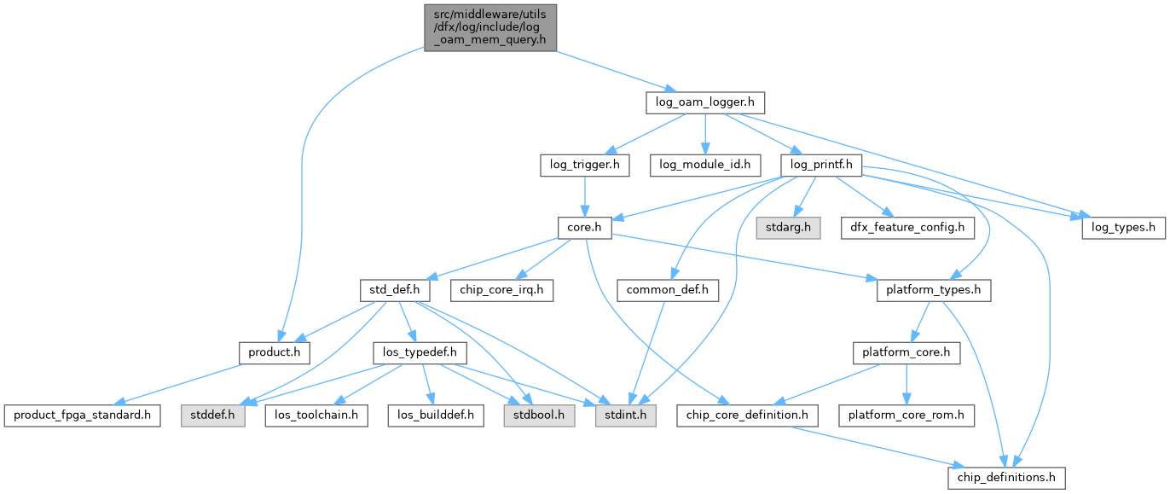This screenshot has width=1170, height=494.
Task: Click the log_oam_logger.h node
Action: (704, 102)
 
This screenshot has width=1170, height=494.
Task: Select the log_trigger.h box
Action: (584, 165)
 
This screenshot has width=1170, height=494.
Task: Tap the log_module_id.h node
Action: (704, 165)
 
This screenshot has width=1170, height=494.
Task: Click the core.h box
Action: (584, 228)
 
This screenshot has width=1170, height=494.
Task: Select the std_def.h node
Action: (393, 290)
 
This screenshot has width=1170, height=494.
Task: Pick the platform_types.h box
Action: (934, 290)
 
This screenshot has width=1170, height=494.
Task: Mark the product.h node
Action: (274, 352)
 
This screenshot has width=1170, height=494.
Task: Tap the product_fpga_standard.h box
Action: (82, 416)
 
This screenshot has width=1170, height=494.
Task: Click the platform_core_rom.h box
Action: (906, 416)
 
